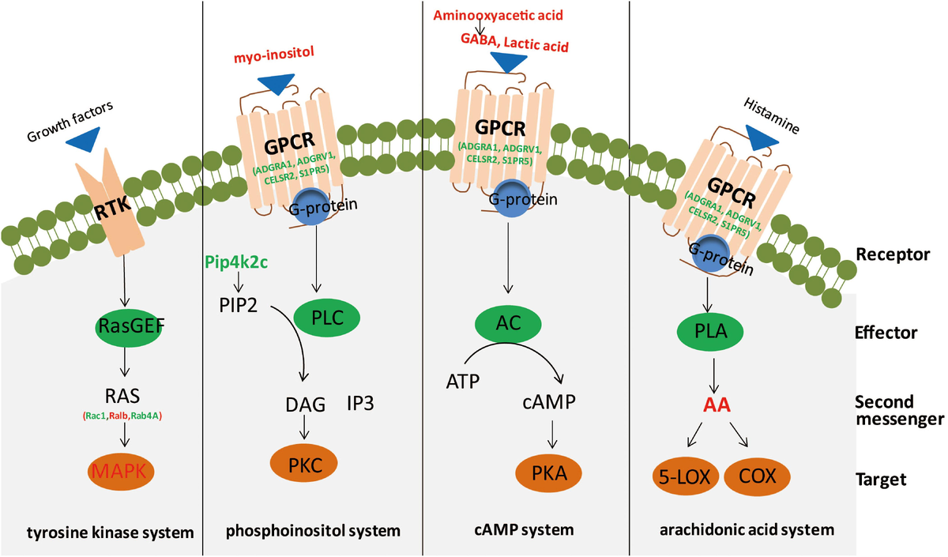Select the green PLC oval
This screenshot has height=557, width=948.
point(327,317)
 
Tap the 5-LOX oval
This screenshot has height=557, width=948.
point(680,476)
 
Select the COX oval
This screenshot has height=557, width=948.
point(757,476)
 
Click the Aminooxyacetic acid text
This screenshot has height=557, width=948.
point(502,14)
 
